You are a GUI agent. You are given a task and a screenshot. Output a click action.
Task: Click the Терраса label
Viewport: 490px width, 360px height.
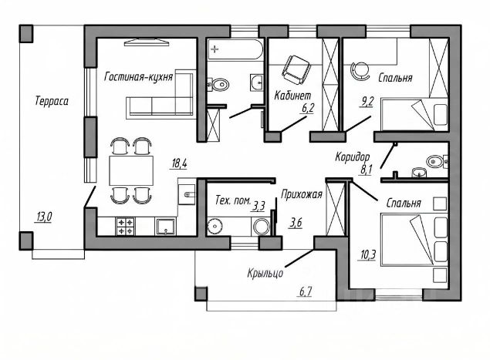click(52, 101)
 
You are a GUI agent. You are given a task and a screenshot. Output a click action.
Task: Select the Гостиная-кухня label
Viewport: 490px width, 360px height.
click(138, 77)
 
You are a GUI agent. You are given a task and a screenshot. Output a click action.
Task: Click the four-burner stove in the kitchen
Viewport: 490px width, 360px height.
click(125, 227)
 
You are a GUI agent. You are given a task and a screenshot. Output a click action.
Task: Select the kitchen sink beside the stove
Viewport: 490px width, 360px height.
click(164, 227)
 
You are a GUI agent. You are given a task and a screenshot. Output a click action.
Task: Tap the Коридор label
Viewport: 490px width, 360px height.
click(354, 156)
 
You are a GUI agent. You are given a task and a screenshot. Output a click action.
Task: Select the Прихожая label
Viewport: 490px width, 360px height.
click(302, 194)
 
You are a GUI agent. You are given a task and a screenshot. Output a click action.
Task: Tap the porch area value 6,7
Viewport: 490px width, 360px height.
click(307, 291)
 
